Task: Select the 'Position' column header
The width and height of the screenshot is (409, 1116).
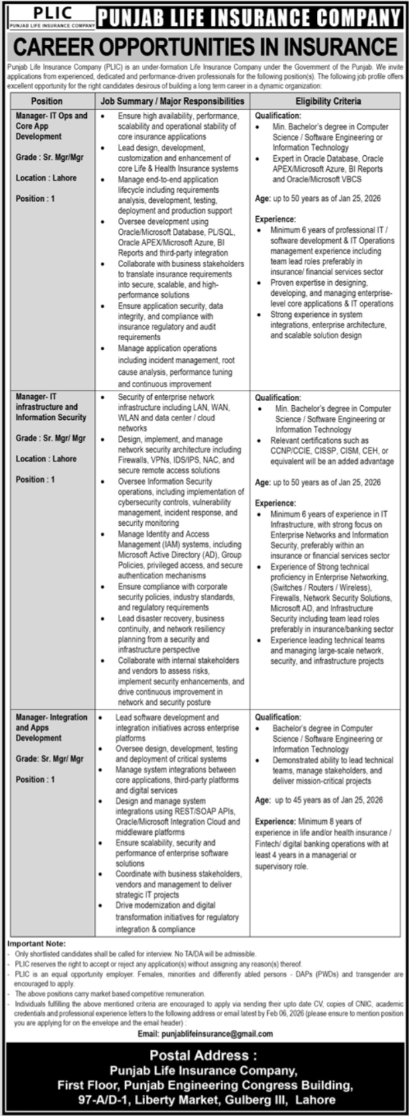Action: pyautogui.click(x=47, y=101)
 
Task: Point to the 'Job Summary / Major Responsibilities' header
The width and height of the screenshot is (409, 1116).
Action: pyautogui.click(x=172, y=101)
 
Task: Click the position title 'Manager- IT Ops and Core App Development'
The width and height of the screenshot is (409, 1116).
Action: pyautogui.click(x=51, y=126)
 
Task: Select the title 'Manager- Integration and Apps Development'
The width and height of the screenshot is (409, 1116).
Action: pyautogui.click(x=51, y=727)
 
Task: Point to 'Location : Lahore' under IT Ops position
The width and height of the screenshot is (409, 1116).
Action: pyautogui.click(x=46, y=178)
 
